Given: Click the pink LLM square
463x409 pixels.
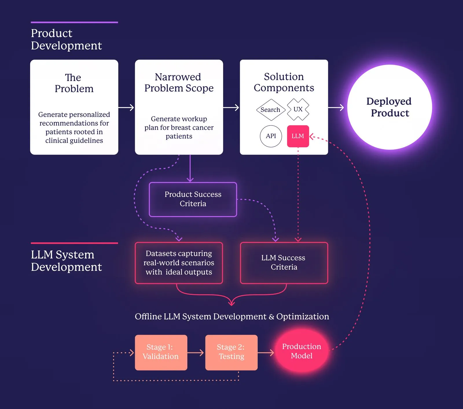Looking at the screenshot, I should point(298,136).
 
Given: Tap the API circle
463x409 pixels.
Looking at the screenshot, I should point(271,136).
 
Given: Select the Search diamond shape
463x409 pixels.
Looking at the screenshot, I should point(271,110).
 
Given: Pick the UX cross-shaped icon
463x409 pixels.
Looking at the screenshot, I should point(298,109).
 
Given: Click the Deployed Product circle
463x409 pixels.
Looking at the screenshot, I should point(389,107).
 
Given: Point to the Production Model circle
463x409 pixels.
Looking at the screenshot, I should point(302,351).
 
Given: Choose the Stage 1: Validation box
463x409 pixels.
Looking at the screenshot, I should point(161,352).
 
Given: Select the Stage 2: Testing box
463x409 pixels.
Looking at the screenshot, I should point(231,352).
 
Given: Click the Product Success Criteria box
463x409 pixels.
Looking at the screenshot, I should point(193,199).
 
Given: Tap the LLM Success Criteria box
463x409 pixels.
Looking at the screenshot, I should point(284,263).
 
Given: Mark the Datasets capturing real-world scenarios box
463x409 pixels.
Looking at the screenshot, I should point(179,263).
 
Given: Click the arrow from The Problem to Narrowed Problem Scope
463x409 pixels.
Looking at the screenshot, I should point(126,108).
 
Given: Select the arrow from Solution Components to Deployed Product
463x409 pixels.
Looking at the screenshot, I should point(336,108).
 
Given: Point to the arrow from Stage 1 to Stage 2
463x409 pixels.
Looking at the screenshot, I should point(196,352).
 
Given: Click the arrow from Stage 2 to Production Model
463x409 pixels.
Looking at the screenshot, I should point(266,352).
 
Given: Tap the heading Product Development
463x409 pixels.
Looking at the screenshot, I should point(66,39).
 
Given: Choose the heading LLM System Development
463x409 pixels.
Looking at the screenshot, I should point(66,261).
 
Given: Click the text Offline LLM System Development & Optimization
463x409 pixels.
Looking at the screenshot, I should point(232,316).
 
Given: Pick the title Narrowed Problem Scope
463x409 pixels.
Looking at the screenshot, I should point(179,82).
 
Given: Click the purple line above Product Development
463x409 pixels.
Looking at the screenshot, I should point(74,22).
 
